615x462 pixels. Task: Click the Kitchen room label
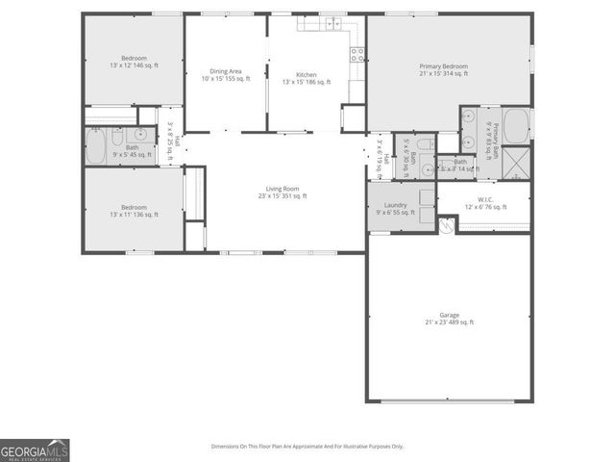pyautogui.click(x=307, y=78)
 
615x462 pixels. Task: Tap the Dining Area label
pyautogui.click(x=226, y=75)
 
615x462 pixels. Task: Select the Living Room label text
pyautogui.click(x=283, y=192)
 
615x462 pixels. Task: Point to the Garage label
pyautogui.click(x=449, y=318)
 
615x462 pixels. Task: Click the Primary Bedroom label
pyautogui.click(x=443, y=69)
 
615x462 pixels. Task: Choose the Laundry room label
pyautogui.click(x=395, y=208)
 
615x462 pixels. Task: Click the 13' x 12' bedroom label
pyautogui.click(x=134, y=61)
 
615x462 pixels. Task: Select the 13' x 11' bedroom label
pyautogui.click(x=134, y=210)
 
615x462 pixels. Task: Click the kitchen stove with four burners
pyautogui.click(x=357, y=56)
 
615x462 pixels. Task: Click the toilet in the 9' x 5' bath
pyautogui.click(x=117, y=136)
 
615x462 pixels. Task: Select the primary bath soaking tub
pyautogui.click(x=516, y=124)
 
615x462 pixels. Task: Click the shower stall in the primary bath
pyautogui.click(x=517, y=163)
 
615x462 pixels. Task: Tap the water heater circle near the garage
pyautogui.click(x=445, y=224)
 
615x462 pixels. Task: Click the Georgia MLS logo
pyautogui.click(x=35, y=450)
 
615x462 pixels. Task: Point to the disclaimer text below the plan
pyautogui.click(x=307, y=446)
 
